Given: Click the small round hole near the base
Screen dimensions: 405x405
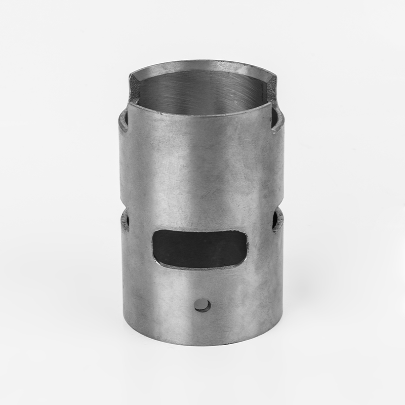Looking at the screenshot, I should [204, 305].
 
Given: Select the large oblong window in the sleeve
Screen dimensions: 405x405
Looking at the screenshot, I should [200, 248].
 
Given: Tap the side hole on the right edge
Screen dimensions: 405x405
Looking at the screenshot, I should [276, 219].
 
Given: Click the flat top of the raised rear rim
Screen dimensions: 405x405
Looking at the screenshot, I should [202, 63].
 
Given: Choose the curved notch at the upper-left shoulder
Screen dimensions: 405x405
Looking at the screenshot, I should [123, 121].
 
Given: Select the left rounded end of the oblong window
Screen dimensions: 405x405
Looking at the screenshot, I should [157, 247].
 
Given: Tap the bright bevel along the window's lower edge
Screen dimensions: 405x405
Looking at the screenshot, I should [202, 267].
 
